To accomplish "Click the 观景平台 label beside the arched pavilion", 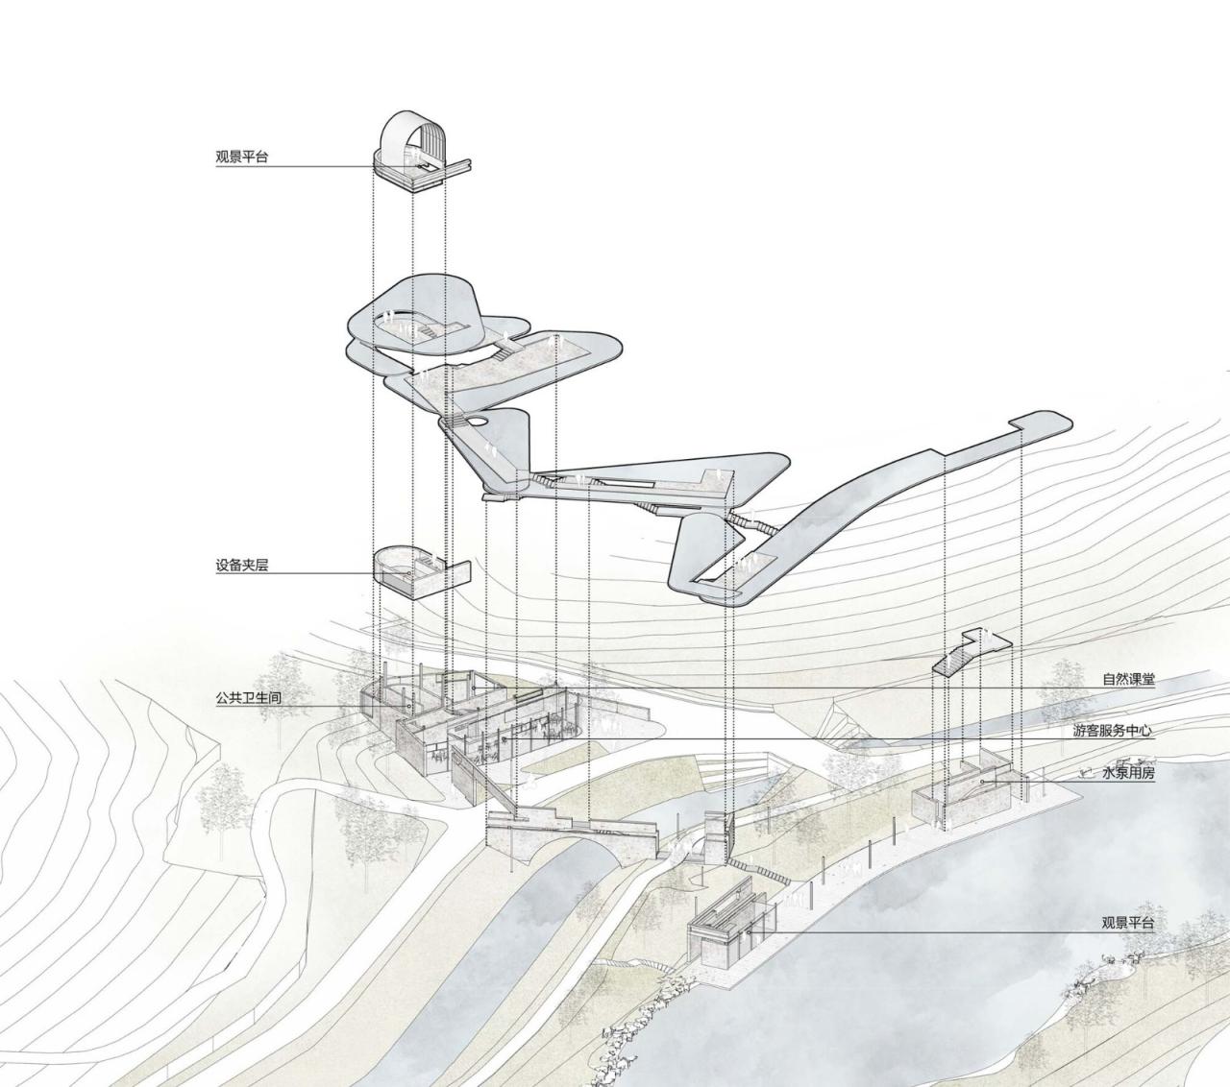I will point(242,157).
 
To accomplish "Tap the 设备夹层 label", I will point(242,566).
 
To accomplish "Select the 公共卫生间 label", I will point(248,698).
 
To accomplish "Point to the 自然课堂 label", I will point(1128,680).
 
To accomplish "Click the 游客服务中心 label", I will point(1113,731).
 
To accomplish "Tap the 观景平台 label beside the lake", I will point(1128,924).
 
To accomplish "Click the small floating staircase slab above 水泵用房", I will point(971,653).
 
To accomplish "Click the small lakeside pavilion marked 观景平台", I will point(730,927).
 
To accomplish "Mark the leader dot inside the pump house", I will point(983,782).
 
